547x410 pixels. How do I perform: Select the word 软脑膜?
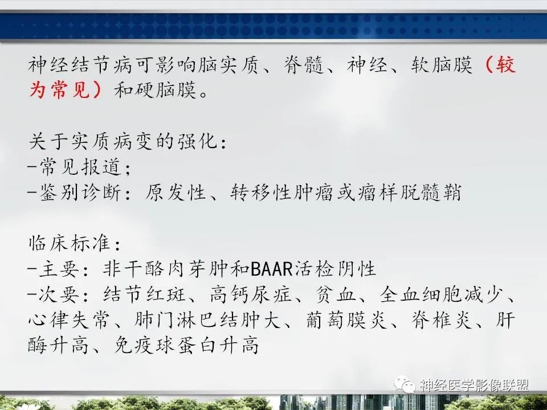point(442,66)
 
